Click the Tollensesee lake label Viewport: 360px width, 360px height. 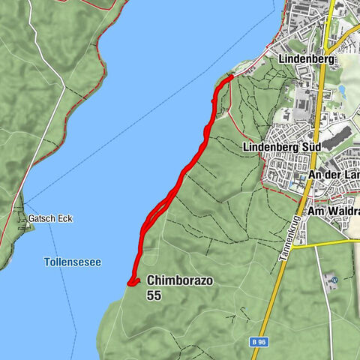coord(72,262)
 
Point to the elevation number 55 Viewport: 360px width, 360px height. coord(154,295)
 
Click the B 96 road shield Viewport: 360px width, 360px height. coord(258,341)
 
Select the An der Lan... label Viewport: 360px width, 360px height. coord(334,175)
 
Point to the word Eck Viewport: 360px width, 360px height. coord(52,220)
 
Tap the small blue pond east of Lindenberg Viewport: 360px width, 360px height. coord(342,89)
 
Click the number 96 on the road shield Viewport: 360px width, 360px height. coord(262,341)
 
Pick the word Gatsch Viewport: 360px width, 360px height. coord(37,220)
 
